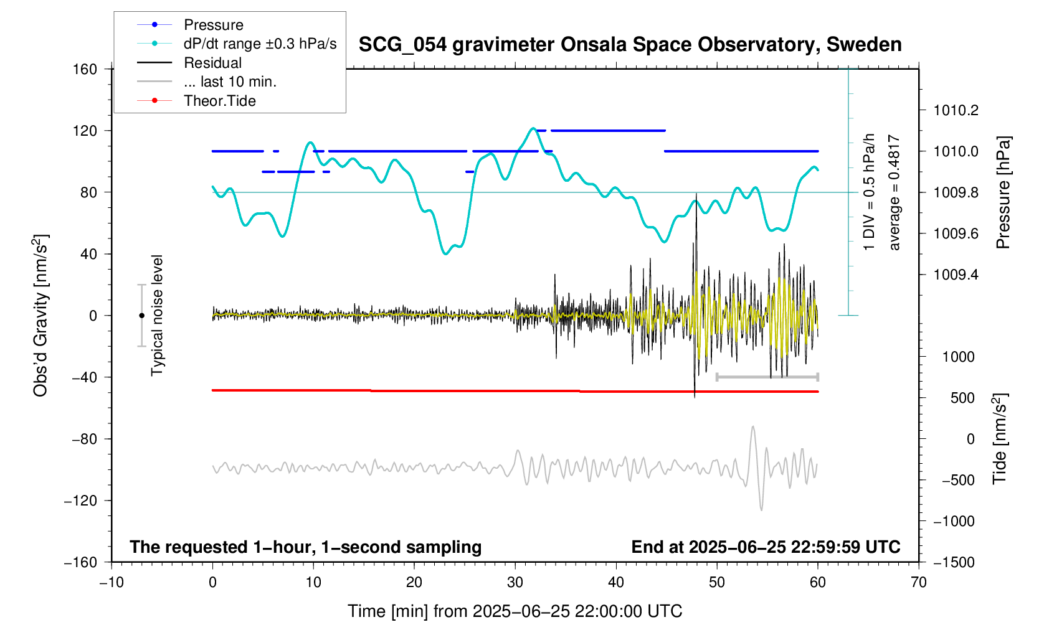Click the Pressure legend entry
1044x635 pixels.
click(x=213, y=25)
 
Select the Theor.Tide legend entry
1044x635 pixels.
click(x=219, y=101)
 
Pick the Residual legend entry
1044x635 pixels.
click(x=212, y=63)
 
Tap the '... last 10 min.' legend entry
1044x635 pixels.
click(x=230, y=82)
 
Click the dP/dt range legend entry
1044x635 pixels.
click(x=260, y=44)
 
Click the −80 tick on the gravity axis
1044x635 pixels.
click(x=84, y=439)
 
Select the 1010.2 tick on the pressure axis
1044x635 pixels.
click(x=956, y=111)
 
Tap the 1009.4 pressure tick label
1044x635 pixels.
click(x=956, y=275)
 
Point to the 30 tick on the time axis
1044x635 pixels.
click(x=515, y=583)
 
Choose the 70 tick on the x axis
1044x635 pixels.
click(x=919, y=583)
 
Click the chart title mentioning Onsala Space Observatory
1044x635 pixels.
click(x=630, y=45)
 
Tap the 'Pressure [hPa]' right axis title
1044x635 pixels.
click(x=1003, y=192)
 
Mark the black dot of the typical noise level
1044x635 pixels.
click(x=141, y=316)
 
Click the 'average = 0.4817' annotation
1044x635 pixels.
click(x=895, y=192)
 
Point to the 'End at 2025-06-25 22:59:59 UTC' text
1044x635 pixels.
click(x=766, y=547)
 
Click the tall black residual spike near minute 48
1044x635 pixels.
click(x=696, y=205)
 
